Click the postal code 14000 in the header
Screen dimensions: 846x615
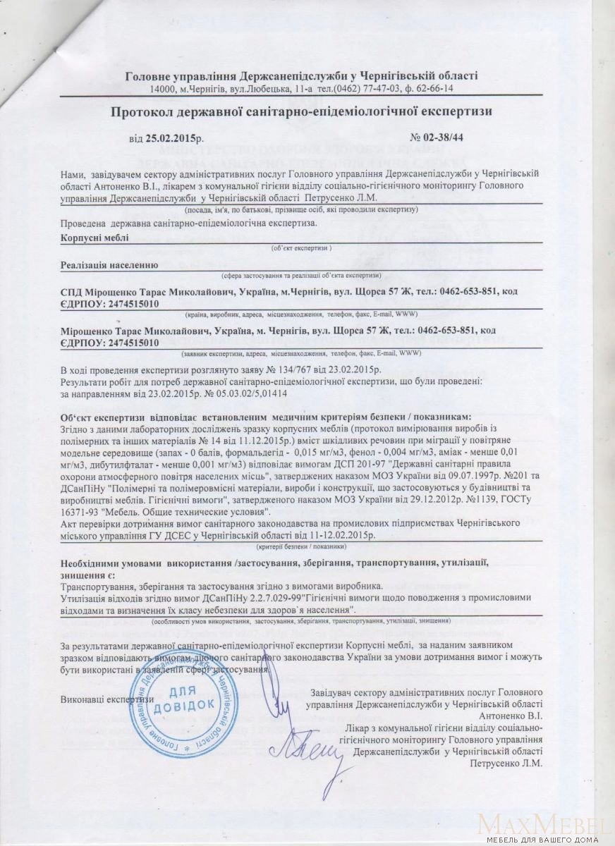click(162, 88)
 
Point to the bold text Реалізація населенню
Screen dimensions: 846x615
click(109, 265)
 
